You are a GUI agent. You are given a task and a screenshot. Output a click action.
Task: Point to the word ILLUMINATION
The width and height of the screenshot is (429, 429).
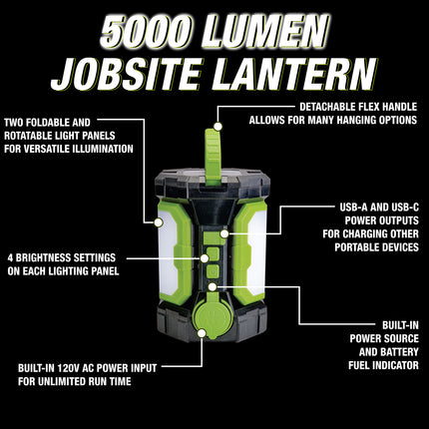pyautogui.click(x=102, y=149)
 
